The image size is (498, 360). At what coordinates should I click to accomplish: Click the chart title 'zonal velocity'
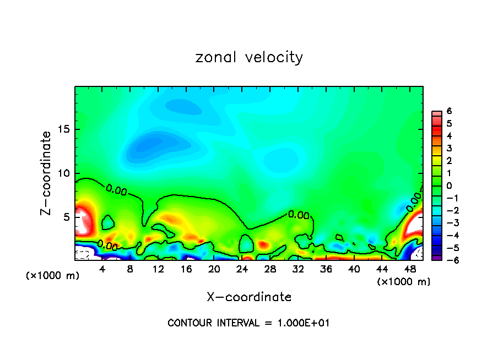tap(249, 57)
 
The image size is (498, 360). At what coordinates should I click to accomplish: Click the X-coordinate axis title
tap(249, 297)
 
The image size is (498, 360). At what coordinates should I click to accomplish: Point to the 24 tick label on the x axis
tap(242, 269)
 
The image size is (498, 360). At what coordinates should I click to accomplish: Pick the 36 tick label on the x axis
tap(326, 269)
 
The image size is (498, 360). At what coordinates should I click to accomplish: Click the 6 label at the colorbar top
tap(449, 111)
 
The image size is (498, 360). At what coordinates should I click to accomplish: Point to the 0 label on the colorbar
tap(449, 186)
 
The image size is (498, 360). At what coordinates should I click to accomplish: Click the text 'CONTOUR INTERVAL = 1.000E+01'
tap(249, 323)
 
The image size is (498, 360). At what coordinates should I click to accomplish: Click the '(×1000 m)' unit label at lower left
tap(53, 275)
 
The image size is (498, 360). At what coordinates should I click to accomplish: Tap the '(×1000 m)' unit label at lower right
tap(404, 281)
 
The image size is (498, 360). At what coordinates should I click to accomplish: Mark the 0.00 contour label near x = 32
tap(299, 215)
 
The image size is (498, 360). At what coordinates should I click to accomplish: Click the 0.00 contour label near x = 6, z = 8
tap(116, 191)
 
